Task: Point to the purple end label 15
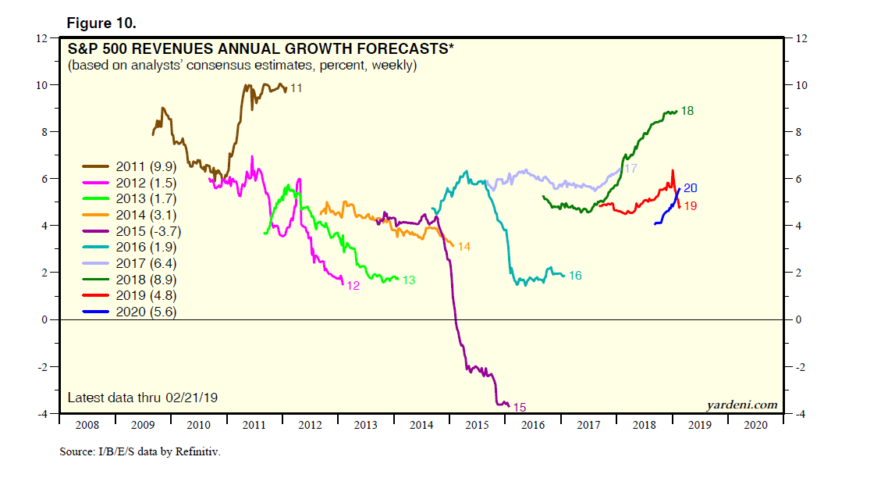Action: (x=519, y=407)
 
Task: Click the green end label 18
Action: (x=687, y=112)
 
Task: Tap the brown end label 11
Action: (x=296, y=89)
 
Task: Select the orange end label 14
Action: (x=464, y=247)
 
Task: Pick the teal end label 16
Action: (x=575, y=276)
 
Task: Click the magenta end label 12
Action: (x=353, y=286)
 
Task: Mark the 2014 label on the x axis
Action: (x=421, y=425)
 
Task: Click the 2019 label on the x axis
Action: (x=700, y=425)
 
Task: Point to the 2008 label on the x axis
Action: (x=87, y=425)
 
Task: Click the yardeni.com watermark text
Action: (x=742, y=405)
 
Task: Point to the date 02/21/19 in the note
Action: (x=191, y=398)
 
